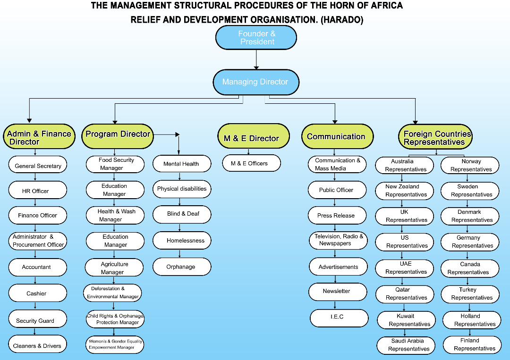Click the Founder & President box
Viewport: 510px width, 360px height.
(256, 38)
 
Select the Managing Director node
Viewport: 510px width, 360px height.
(255, 82)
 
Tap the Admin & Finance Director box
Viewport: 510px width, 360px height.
(39, 137)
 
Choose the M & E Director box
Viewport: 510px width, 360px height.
(254, 137)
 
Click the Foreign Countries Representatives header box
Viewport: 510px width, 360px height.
(435, 137)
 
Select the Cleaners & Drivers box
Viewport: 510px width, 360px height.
(37, 345)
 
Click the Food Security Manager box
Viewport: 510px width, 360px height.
(115, 164)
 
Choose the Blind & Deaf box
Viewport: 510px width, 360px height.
(182, 214)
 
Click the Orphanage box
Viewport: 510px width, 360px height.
(181, 267)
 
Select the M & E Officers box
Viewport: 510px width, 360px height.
(251, 163)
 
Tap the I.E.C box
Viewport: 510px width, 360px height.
(339, 318)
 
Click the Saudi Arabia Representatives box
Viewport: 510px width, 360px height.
(407, 345)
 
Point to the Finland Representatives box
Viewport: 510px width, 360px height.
(471, 344)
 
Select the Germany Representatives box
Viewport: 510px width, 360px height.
(470, 242)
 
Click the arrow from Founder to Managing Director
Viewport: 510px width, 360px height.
(256, 59)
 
